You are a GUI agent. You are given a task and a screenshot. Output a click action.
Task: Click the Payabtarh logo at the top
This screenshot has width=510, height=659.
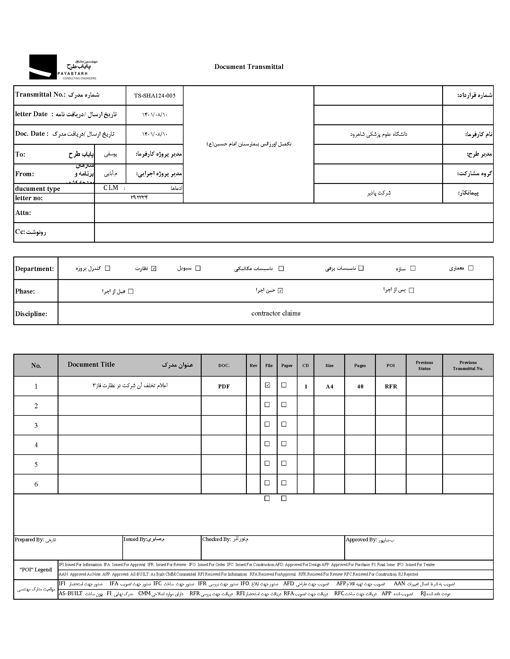tap(63, 67)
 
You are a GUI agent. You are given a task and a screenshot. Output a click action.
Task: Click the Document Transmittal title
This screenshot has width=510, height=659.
tap(249, 67)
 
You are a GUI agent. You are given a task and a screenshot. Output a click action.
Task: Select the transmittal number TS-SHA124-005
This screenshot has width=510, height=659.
tap(154, 96)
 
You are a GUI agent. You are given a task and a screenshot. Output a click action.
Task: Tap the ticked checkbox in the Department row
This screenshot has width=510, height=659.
tap(154, 268)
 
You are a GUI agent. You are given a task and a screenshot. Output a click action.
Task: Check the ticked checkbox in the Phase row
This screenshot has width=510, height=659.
tap(280, 291)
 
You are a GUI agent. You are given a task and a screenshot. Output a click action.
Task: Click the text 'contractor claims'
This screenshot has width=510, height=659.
tap(275, 313)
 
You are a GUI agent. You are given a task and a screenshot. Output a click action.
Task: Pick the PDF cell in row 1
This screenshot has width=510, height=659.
tap(224, 386)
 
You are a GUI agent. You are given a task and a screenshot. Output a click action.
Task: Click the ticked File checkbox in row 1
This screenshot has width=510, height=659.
tap(267, 385)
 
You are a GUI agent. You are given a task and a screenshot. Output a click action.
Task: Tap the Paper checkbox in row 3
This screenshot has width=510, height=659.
tap(284, 424)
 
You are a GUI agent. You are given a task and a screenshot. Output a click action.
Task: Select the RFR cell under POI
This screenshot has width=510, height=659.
tap(391, 386)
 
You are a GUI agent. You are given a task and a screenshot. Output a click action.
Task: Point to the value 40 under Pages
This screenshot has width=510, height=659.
tap(360, 386)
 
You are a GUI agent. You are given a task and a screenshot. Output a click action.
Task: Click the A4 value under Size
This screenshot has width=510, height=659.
tap(329, 386)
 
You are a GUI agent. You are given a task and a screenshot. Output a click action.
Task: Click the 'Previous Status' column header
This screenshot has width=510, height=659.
tap(424, 365)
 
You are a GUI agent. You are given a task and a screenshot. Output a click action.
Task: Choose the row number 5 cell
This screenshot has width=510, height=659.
tap(36, 465)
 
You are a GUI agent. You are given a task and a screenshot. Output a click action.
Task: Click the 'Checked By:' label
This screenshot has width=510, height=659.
tap(216, 539)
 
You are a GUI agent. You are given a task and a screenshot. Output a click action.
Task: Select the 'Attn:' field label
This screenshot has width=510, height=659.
tap(23, 213)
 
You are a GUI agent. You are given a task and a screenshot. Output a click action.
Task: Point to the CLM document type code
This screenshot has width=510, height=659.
tap(111, 188)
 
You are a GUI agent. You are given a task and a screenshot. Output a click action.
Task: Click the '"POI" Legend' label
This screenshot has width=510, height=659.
tap(36, 570)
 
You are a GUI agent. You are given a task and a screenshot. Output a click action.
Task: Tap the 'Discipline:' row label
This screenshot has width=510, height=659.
tap(31, 314)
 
